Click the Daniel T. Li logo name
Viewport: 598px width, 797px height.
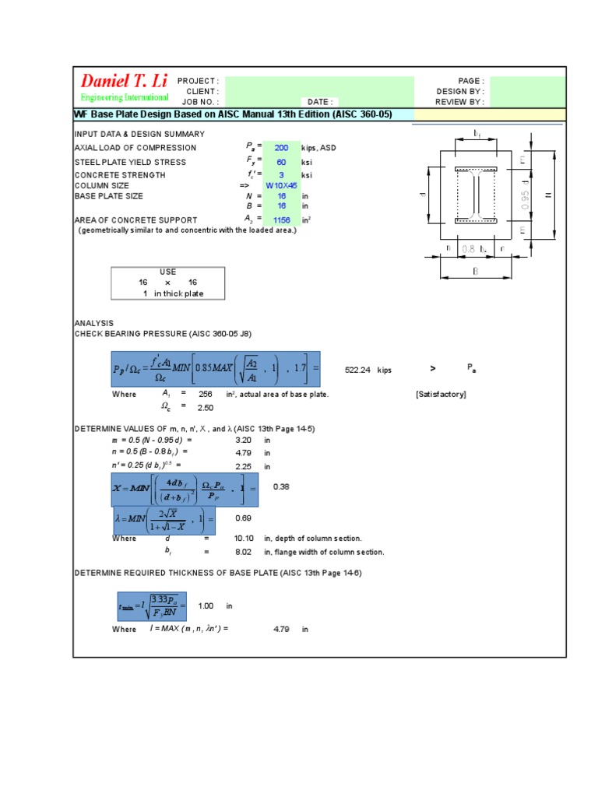[x=125, y=82]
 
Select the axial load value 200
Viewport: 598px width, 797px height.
[x=281, y=148]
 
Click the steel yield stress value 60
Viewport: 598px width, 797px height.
[x=281, y=162]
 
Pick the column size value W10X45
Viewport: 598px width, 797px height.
[x=281, y=186]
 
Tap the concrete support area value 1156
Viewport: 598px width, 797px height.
[x=281, y=220]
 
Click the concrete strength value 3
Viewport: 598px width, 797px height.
[x=281, y=175]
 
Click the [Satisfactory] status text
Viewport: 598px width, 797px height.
[x=441, y=395]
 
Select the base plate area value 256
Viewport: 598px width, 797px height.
[x=206, y=395]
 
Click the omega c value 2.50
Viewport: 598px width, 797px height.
[x=206, y=407]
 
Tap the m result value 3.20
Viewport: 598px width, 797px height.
[x=244, y=440]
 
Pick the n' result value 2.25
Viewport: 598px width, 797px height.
[x=244, y=467]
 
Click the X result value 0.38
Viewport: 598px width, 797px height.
[x=281, y=486]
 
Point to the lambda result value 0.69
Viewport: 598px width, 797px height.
[x=244, y=518]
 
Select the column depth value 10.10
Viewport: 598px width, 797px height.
[x=244, y=539]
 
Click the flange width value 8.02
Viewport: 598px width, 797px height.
[x=244, y=552]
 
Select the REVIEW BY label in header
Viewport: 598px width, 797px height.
[x=459, y=101]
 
